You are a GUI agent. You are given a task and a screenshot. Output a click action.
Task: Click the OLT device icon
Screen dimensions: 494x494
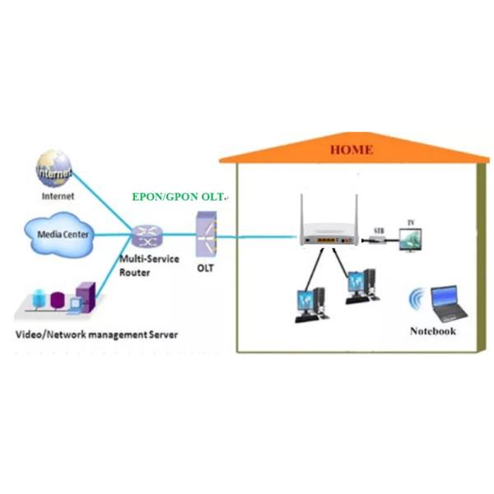pyautogui.click(x=205, y=235)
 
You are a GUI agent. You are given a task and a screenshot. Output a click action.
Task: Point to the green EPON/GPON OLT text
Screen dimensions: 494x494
pyautogui.click(x=179, y=198)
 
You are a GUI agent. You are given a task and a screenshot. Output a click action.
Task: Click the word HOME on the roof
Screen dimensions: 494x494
pyautogui.click(x=351, y=150)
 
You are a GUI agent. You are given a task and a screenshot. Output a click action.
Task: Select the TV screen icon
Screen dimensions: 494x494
pyautogui.click(x=411, y=239)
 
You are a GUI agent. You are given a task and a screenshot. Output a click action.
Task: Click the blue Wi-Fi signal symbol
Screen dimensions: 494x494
pyautogui.click(x=416, y=301)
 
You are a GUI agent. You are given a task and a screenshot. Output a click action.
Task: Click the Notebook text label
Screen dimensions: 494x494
pyautogui.click(x=432, y=331)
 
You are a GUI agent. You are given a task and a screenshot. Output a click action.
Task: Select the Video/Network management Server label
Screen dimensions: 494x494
pyautogui.click(x=97, y=335)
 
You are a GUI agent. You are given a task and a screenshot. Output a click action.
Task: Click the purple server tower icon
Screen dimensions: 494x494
pyautogui.click(x=85, y=296)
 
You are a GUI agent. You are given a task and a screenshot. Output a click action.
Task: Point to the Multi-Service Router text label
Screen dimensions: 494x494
pyautogui.click(x=145, y=264)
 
